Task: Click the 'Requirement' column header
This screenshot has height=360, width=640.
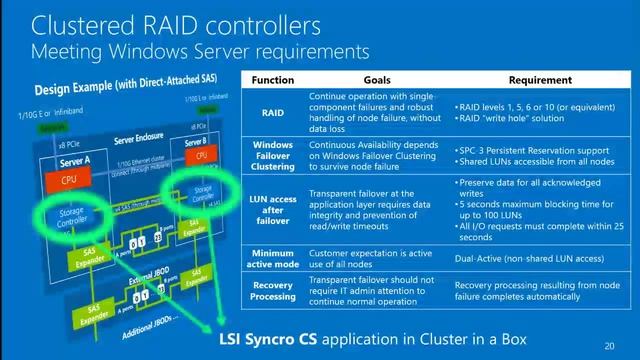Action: [x=540, y=79]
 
